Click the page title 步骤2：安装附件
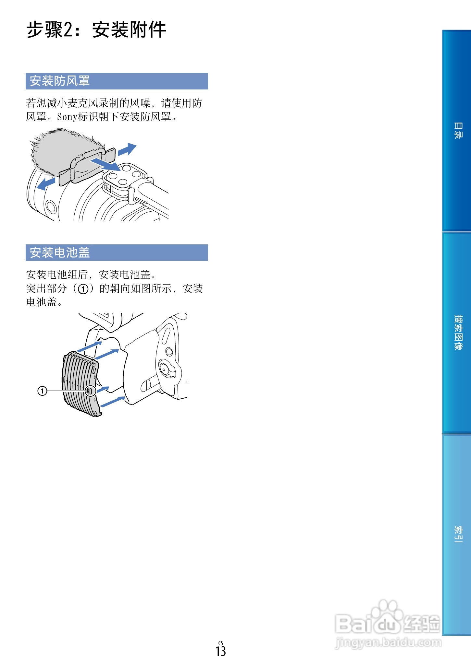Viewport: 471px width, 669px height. [x=96, y=30]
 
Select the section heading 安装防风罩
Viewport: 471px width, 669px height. [x=60, y=81]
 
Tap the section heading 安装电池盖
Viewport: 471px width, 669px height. [x=60, y=252]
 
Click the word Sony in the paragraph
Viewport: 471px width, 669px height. [x=67, y=117]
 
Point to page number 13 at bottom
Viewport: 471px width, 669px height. [x=221, y=651]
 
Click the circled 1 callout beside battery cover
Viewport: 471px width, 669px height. [x=42, y=391]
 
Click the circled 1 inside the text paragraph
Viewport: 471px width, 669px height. [x=83, y=289]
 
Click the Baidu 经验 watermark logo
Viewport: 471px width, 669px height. [x=388, y=621]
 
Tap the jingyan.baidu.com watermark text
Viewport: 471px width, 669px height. [x=388, y=642]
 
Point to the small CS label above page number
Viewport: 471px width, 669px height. [x=221, y=643]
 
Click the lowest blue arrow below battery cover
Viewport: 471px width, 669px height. [x=112, y=402]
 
